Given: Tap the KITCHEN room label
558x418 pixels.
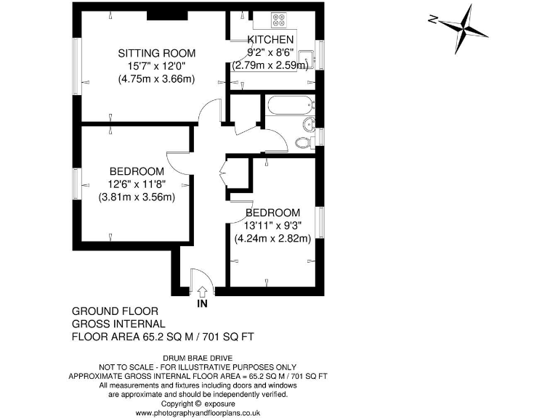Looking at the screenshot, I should pos(270,39).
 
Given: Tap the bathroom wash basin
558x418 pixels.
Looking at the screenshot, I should pos(309,123).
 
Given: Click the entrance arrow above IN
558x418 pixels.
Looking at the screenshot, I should pos(201,291).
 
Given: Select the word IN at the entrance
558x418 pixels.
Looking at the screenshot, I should pos(201,304).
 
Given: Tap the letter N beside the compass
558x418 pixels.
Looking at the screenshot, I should pos(432,20).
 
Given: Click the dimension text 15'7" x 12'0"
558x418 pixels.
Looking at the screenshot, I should pos(156,66).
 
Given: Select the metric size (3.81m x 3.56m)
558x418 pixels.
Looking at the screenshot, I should pos(137,197).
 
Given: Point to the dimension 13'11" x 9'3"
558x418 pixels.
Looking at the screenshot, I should pos(272,226).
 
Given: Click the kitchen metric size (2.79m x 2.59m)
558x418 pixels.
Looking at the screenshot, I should pos(270,65).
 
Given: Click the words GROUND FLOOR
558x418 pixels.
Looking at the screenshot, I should pos(105,311).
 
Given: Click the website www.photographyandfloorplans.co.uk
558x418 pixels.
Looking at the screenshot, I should pos(198,413).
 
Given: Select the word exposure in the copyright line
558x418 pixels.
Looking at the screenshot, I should pos(222,403).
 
